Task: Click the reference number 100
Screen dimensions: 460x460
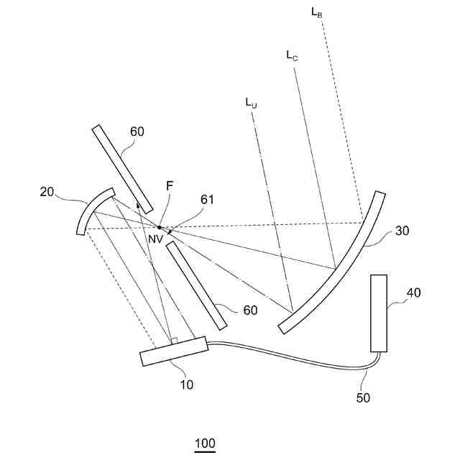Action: (x=205, y=443)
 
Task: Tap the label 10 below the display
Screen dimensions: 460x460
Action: (x=186, y=385)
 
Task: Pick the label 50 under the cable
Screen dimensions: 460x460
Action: (x=364, y=397)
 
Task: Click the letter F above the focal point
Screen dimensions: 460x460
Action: (x=169, y=186)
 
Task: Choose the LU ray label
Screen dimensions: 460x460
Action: (x=251, y=103)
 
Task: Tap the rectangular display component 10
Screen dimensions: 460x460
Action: (x=174, y=351)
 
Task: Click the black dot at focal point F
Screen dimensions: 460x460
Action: (x=160, y=227)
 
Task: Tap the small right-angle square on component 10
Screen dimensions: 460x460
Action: (x=173, y=340)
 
